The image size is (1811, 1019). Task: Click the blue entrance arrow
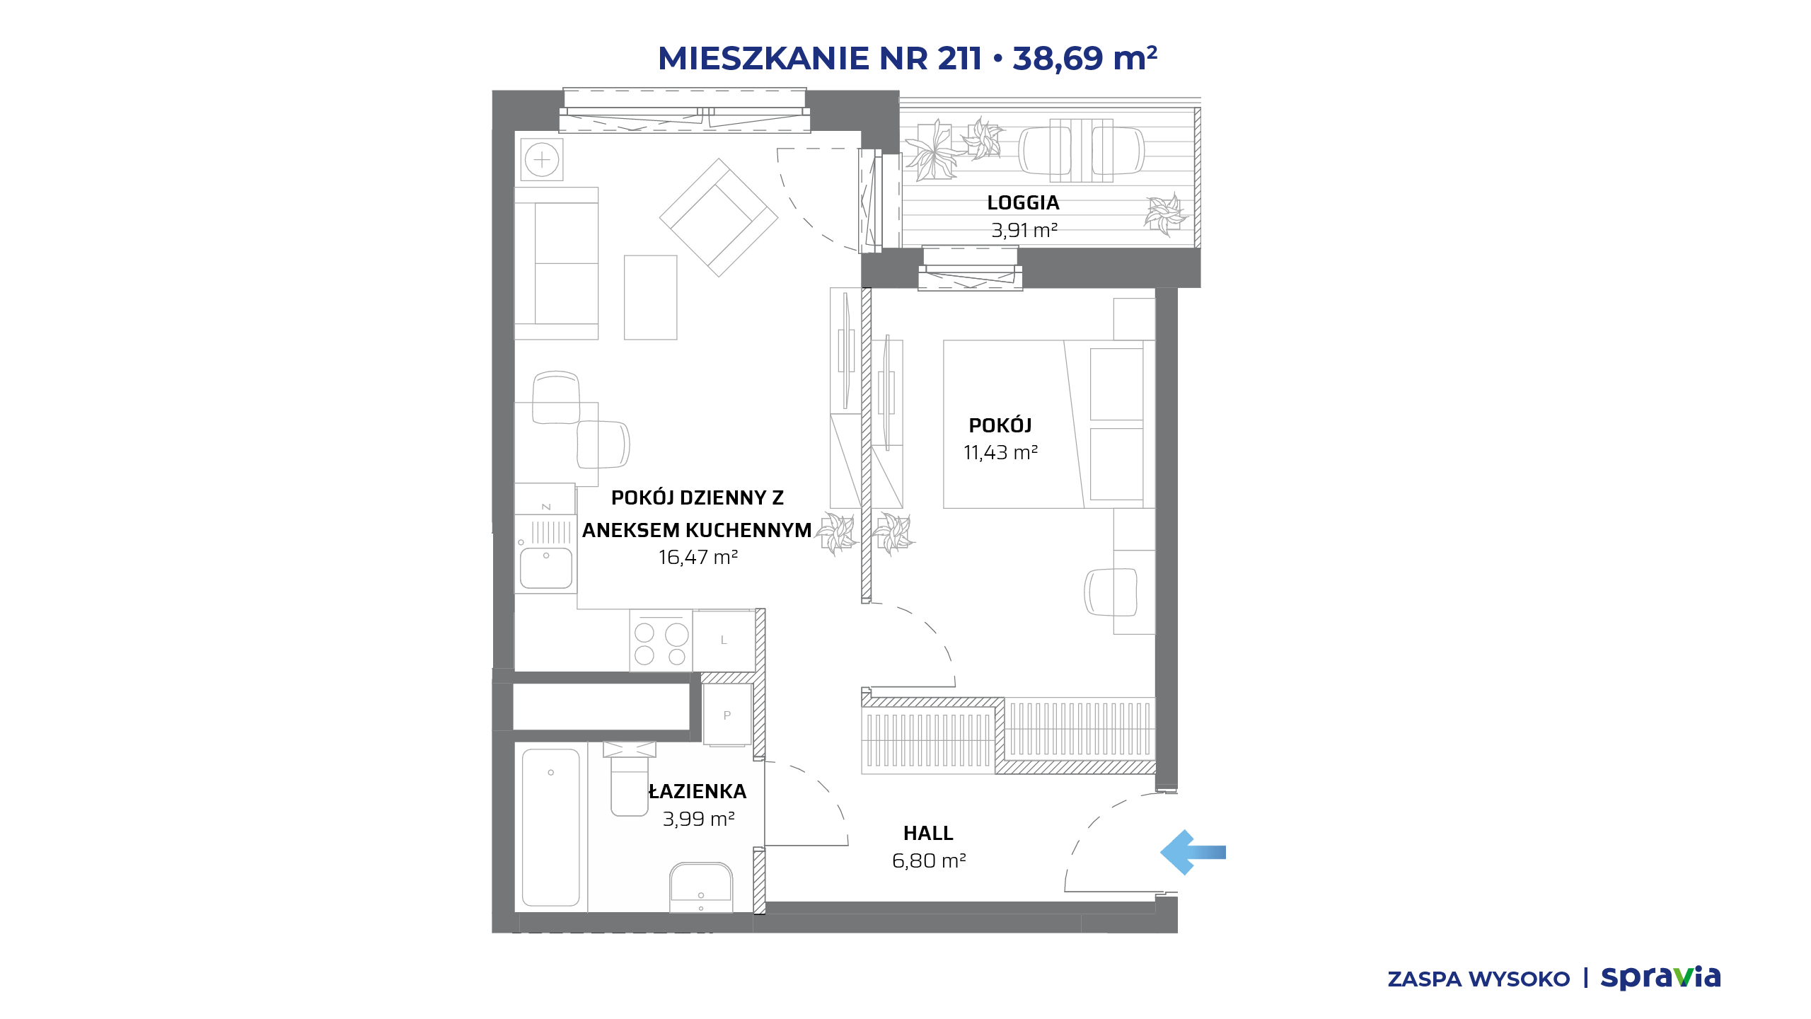click(x=1193, y=853)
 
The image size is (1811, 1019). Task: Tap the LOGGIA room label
click(x=1023, y=203)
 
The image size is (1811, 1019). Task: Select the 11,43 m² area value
click(x=1000, y=453)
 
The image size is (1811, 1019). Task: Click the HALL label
click(x=928, y=834)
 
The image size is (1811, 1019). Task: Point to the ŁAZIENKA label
click(x=698, y=791)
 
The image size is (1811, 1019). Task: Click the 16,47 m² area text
click(x=698, y=558)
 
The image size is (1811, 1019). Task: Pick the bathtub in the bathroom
click(x=551, y=828)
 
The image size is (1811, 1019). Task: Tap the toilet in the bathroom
click(x=629, y=778)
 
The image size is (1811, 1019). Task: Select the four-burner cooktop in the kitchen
click(x=661, y=640)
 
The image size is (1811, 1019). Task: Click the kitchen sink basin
click(x=545, y=568)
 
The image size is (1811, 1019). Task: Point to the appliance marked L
click(x=724, y=640)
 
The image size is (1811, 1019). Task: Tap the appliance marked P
click(x=727, y=715)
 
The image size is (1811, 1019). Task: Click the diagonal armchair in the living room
click(x=719, y=217)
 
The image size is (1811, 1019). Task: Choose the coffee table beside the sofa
click(x=650, y=297)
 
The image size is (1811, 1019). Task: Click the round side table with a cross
click(x=542, y=160)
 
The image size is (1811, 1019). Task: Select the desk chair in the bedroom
click(x=1111, y=592)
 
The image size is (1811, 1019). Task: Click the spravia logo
click(x=1660, y=977)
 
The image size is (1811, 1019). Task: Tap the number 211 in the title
click(x=959, y=58)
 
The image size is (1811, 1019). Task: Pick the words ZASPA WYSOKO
click(x=1479, y=979)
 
